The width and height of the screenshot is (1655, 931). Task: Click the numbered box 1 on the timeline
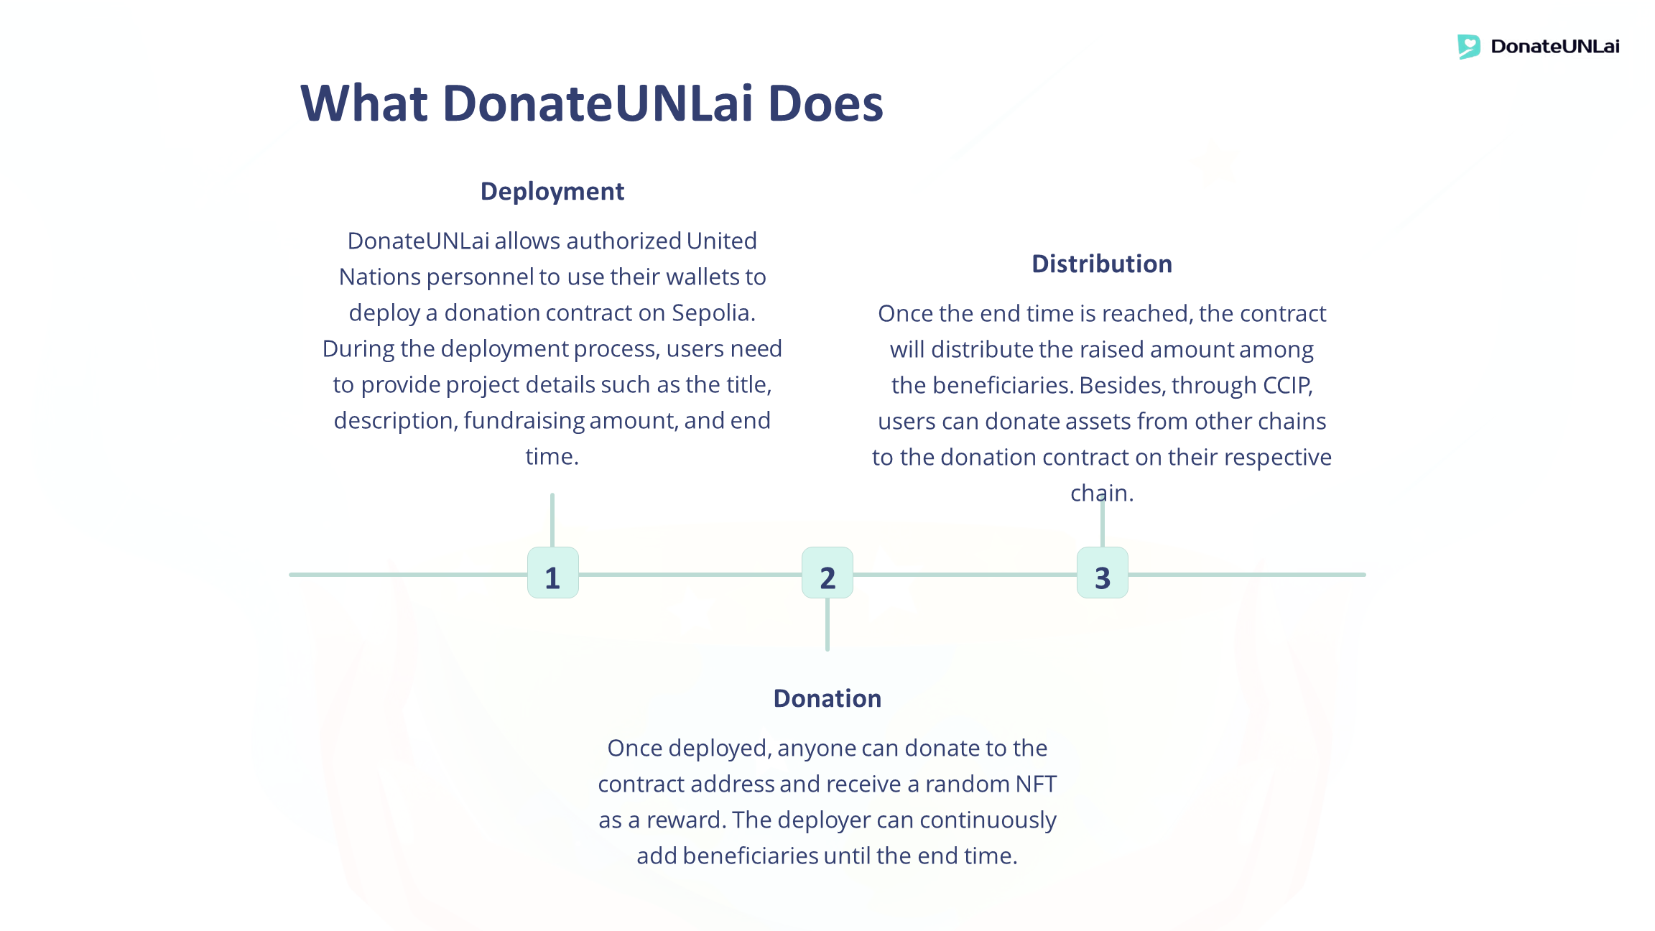coord(552,573)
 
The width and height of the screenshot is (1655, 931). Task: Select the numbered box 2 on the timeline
coord(827,573)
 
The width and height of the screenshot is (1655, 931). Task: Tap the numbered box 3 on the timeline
coord(1102,573)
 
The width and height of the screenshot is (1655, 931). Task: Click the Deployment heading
coord(552,192)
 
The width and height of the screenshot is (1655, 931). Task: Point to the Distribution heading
coord(1102,264)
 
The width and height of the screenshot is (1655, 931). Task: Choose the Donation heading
coord(827,699)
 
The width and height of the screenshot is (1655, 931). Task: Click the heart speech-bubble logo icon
coord(1468,47)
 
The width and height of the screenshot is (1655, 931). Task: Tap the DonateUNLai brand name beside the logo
coord(1555,47)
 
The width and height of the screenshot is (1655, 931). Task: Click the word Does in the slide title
coord(825,103)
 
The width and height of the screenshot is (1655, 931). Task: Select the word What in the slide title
coord(364,103)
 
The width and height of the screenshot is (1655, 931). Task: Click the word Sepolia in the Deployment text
coord(713,313)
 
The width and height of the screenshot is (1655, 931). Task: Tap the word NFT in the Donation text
coord(1036,784)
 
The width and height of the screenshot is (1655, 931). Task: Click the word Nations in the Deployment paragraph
coord(380,277)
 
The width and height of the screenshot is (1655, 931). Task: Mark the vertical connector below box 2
coord(827,624)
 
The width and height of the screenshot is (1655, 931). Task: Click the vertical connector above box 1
coord(552,519)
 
